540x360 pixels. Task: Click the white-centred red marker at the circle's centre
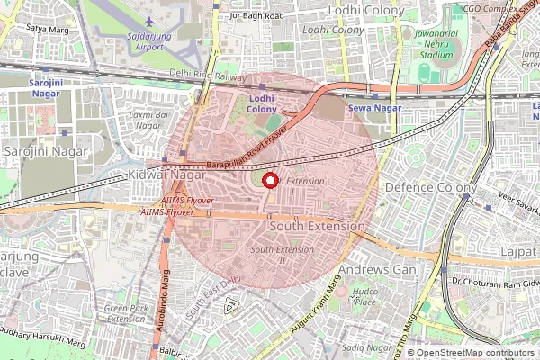point(269,181)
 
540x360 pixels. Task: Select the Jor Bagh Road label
point(256,15)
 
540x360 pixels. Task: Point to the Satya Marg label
point(48,28)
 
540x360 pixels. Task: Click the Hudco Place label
point(364,297)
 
